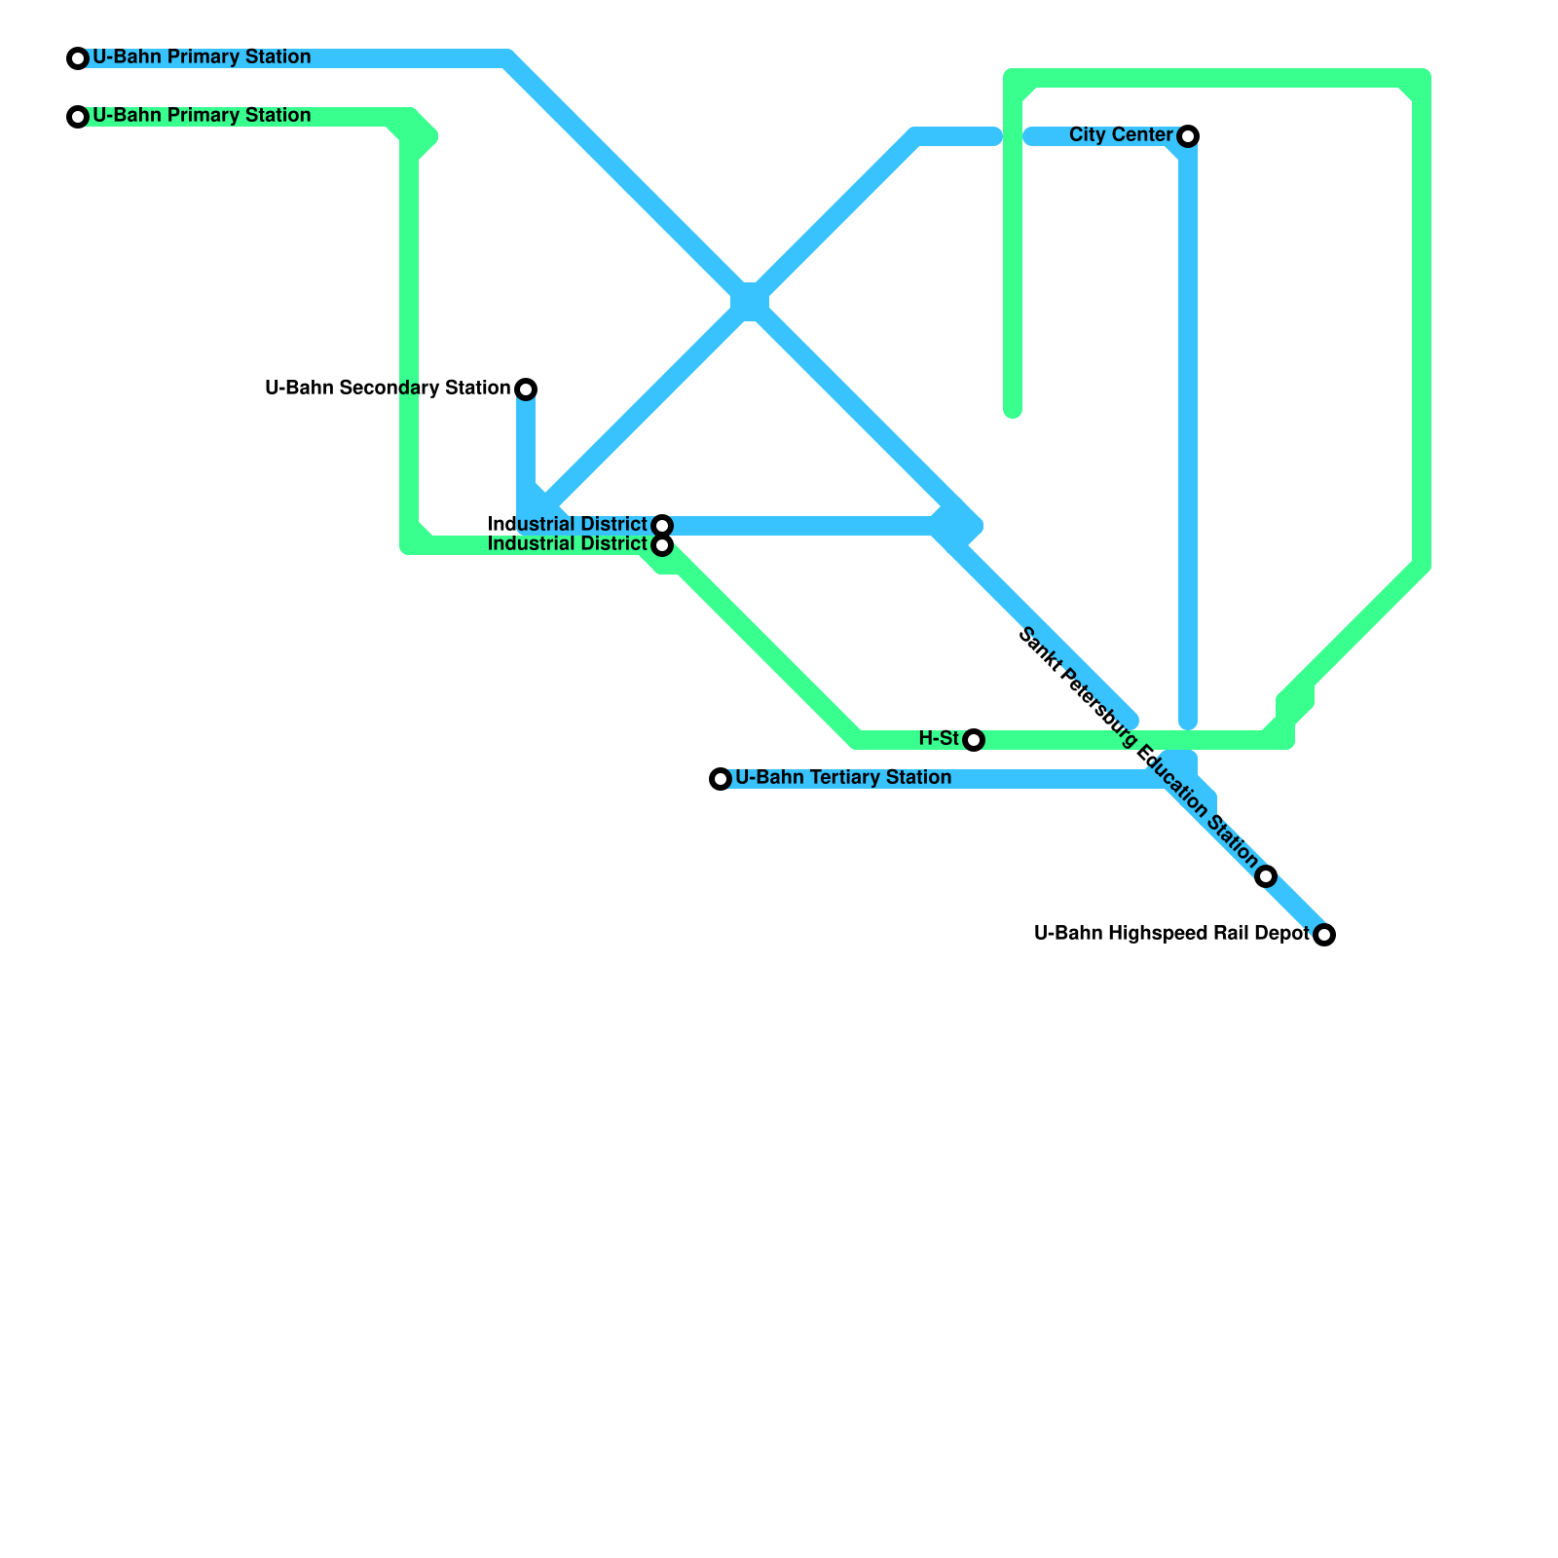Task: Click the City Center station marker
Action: click(1188, 136)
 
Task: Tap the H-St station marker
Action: click(974, 740)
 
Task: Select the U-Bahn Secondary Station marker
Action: click(526, 389)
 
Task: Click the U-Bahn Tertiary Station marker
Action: click(721, 779)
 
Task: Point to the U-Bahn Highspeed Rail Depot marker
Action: click(1324, 935)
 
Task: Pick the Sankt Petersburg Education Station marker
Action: click(1266, 876)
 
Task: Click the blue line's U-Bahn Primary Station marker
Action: click(78, 58)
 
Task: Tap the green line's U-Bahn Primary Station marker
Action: click(78, 117)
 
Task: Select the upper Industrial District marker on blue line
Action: click(662, 526)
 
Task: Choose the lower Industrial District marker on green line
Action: click(662, 545)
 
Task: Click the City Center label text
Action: click(1121, 135)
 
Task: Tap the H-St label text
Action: click(939, 739)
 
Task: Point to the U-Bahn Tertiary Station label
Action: click(843, 778)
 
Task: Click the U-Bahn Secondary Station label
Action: click(388, 389)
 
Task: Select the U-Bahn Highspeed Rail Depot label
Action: click(1171, 934)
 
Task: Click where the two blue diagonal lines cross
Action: click(750, 303)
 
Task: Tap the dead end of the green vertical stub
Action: click(1013, 411)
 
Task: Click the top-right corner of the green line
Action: click(1422, 78)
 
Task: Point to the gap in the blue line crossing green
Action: click(1013, 136)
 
